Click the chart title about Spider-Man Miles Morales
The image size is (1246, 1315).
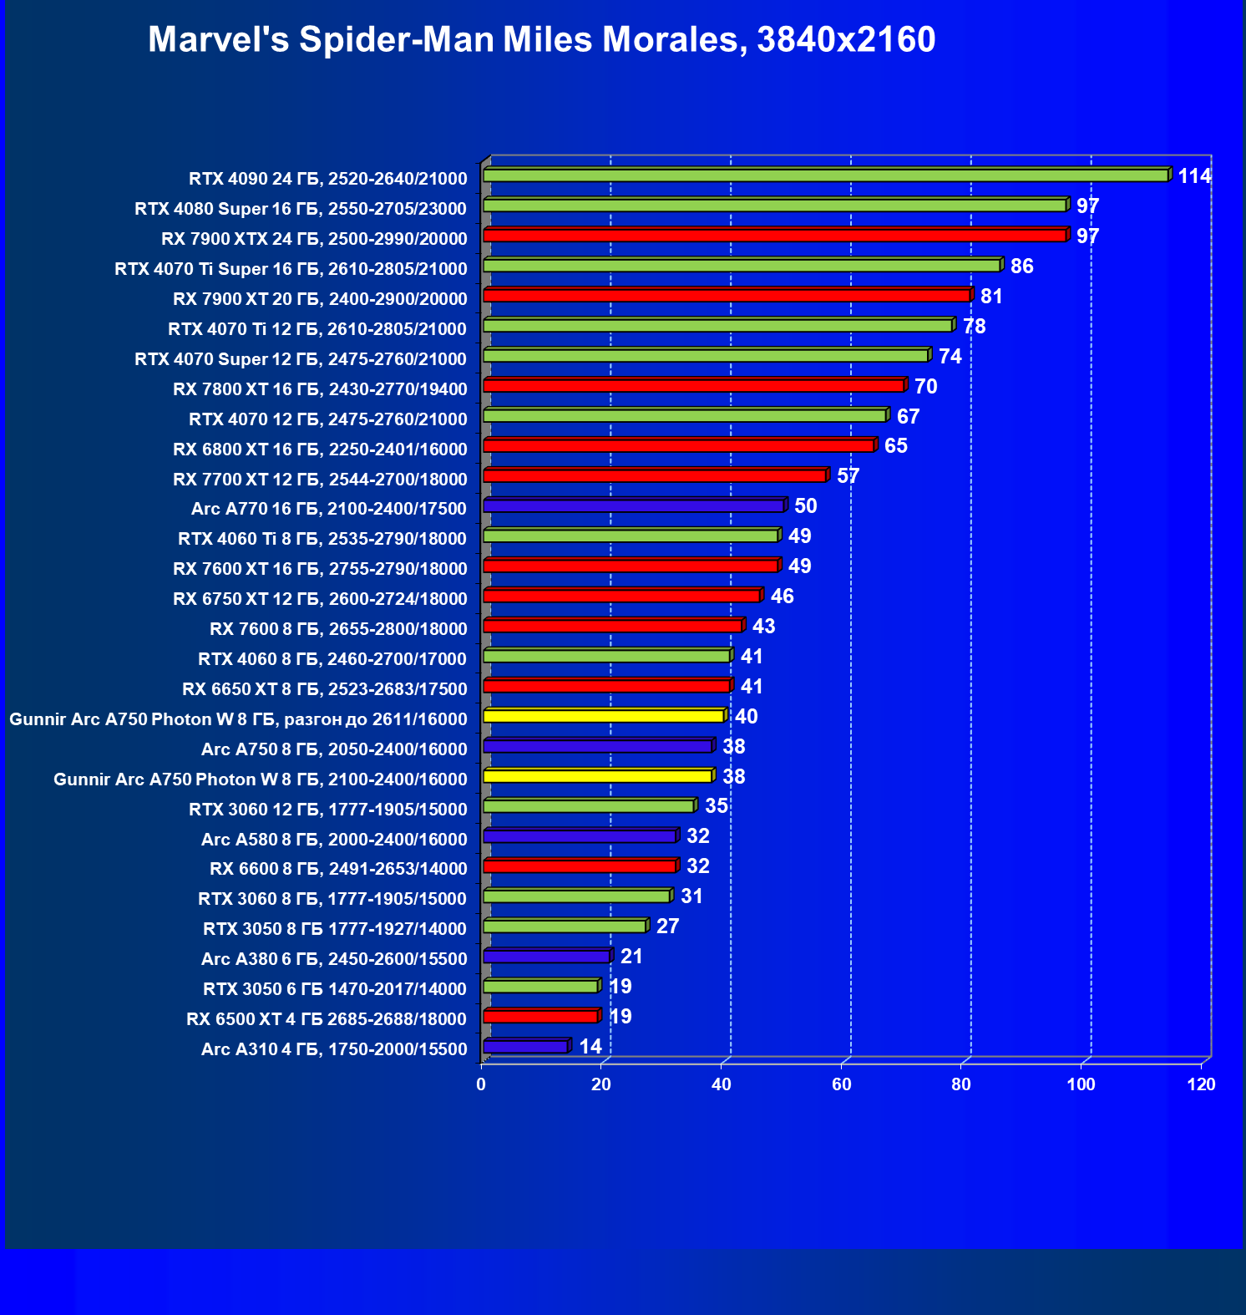pyautogui.click(x=541, y=39)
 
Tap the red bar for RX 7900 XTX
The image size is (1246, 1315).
pyautogui.click(x=774, y=236)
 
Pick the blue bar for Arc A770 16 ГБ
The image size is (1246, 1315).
pyautogui.click(x=633, y=505)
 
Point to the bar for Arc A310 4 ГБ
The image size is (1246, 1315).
pyautogui.click(x=525, y=1046)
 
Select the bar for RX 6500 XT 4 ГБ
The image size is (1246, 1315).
pyautogui.click(x=540, y=1016)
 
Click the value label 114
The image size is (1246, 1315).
pyautogui.click(x=1194, y=176)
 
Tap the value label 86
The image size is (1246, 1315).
pyautogui.click(x=1021, y=267)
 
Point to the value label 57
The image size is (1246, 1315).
pyautogui.click(x=848, y=476)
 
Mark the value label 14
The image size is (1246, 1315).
pyautogui.click(x=590, y=1047)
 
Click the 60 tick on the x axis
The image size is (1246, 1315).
pyautogui.click(x=841, y=1084)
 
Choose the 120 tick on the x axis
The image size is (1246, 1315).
pyautogui.click(x=1201, y=1084)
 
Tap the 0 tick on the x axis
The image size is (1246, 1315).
pyautogui.click(x=481, y=1084)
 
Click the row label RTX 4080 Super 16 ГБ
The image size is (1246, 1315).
pyautogui.click(x=301, y=209)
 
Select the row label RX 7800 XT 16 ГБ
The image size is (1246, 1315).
pyautogui.click(x=320, y=389)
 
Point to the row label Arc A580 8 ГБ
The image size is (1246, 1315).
pyautogui.click(x=334, y=840)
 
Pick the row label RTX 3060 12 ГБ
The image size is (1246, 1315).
pyautogui.click(x=327, y=810)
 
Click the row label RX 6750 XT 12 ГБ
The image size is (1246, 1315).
pyautogui.click(x=320, y=599)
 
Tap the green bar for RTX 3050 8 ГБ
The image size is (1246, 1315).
pyautogui.click(x=565, y=926)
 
